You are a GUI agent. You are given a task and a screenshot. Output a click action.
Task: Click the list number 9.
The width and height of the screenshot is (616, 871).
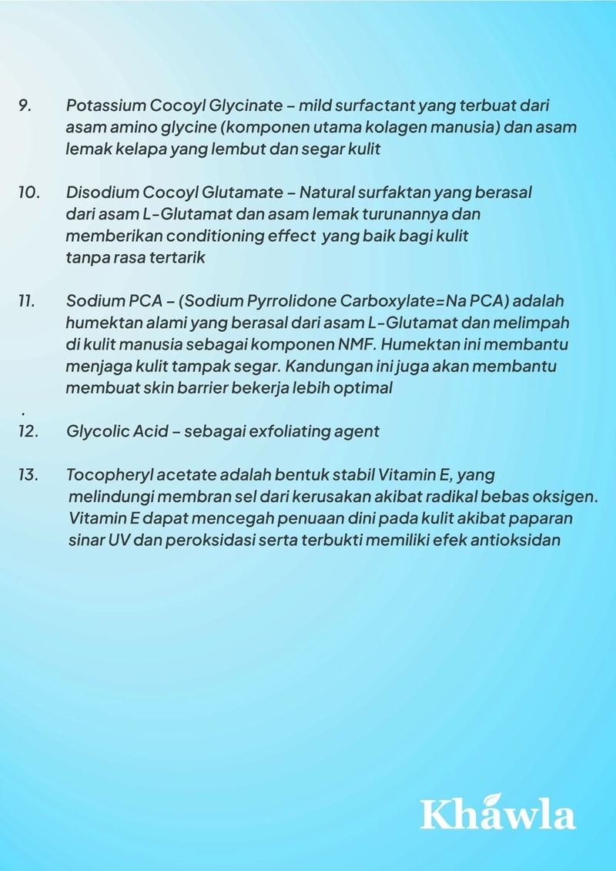point(25,106)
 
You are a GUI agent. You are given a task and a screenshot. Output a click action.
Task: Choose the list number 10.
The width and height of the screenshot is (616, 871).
point(28,193)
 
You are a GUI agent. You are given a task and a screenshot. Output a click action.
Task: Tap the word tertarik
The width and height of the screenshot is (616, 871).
point(178,257)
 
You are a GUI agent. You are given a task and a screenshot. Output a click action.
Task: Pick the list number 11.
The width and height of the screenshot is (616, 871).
point(27,300)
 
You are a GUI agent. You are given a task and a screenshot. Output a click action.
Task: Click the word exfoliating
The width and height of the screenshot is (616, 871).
point(287,431)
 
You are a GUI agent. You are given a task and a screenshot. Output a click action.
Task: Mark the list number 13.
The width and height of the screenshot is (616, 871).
point(28,474)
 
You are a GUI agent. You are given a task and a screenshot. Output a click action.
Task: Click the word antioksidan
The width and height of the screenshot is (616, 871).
point(518,540)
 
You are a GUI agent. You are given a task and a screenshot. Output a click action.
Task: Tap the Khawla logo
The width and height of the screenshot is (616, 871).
point(497,813)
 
